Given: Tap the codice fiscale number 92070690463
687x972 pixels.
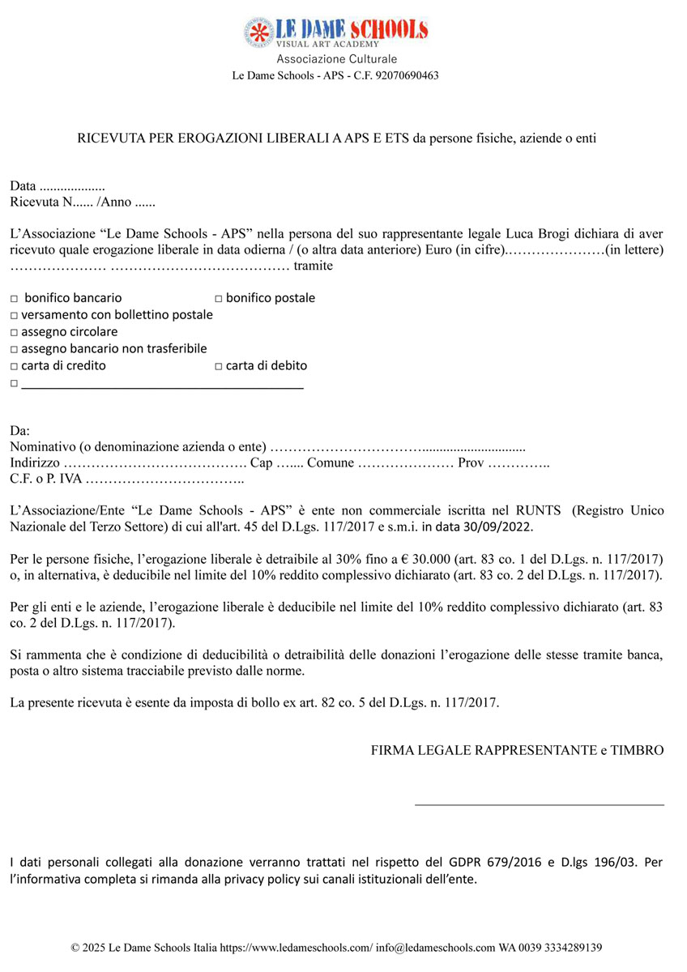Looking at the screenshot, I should pyautogui.click(x=402, y=75).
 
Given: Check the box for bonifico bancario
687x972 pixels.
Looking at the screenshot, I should pyautogui.click(x=15, y=299).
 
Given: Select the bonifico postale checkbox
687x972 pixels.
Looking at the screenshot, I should pyautogui.click(x=219, y=299).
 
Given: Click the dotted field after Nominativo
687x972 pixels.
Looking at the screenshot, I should pyautogui.click(x=397, y=446).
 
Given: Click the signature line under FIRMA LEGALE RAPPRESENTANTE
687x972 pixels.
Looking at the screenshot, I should pyautogui.click(x=539, y=804).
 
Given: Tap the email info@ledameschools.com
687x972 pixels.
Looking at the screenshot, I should pyautogui.click(x=437, y=947).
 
